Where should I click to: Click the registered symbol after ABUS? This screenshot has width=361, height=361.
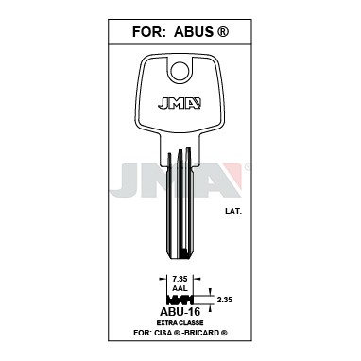223,32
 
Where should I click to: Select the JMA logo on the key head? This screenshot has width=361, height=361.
180,104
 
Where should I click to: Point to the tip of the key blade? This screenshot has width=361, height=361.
180,258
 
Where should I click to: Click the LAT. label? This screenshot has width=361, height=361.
233,212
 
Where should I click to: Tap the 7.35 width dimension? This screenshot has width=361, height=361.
180,279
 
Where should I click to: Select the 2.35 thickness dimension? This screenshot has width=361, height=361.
225,300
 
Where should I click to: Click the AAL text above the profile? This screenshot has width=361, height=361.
180,288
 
